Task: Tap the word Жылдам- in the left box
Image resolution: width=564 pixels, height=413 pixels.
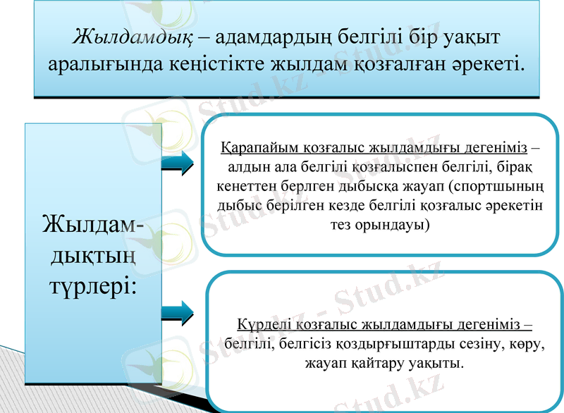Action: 92,224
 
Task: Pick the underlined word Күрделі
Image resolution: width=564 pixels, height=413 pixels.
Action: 261,326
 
